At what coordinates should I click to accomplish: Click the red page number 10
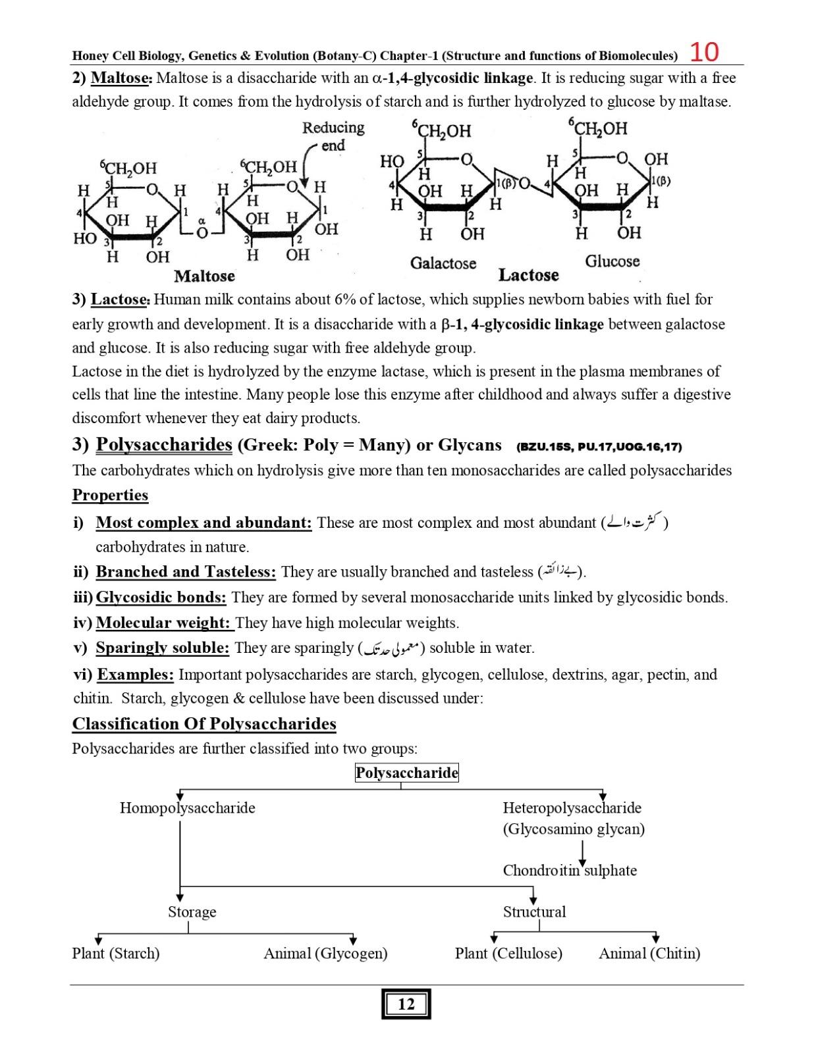pyautogui.click(x=704, y=52)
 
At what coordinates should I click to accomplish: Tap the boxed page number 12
pyautogui.click(x=406, y=1004)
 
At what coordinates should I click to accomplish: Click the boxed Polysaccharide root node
pyautogui.click(x=406, y=773)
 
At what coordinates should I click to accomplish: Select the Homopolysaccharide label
pyautogui.click(x=187, y=808)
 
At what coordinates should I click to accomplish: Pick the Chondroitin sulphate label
pyautogui.click(x=570, y=870)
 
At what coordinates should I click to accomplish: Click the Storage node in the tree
pyautogui.click(x=192, y=912)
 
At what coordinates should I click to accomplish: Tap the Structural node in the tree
pyautogui.click(x=534, y=912)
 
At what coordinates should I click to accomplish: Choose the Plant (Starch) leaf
pyautogui.click(x=116, y=953)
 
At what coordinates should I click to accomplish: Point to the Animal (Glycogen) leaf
pyautogui.click(x=325, y=953)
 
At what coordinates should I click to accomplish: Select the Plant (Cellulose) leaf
pyautogui.click(x=508, y=953)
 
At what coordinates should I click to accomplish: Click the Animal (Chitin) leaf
pyautogui.click(x=649, y=953)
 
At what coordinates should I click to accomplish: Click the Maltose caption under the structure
pyautogui.click(x=204, y=276)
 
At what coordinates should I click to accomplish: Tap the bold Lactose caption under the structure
pyautogui.click(x=528, y=275)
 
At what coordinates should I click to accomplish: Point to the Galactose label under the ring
pyautogui.click(x=443, y=263)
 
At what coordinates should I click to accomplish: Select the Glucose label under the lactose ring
pyautogui.click(x=612, y=261)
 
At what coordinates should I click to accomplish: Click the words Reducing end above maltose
pyautogui.click(x=333, y=136)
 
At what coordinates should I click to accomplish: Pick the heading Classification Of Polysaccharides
pyautogui.click(x=204, y=724)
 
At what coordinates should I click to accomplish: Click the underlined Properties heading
pyautogui.click(x=110, y=495)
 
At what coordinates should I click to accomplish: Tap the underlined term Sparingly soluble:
pyautogui.click(x=162, y=648)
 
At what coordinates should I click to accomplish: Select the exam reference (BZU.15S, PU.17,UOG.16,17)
pyautogui.click(x=599, y=447)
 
